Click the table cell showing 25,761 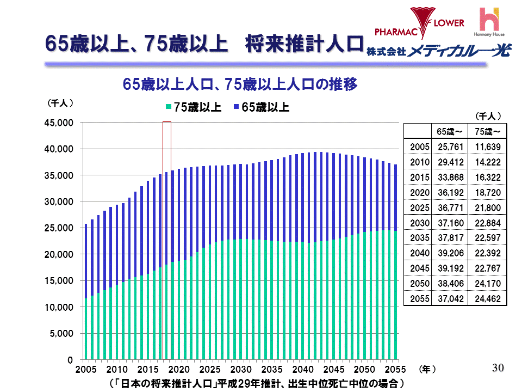[450, 147]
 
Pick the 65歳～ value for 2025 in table [450, 207]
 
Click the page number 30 [498, 368]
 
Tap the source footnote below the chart [256, 383]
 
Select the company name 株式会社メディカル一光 [438, 51]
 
